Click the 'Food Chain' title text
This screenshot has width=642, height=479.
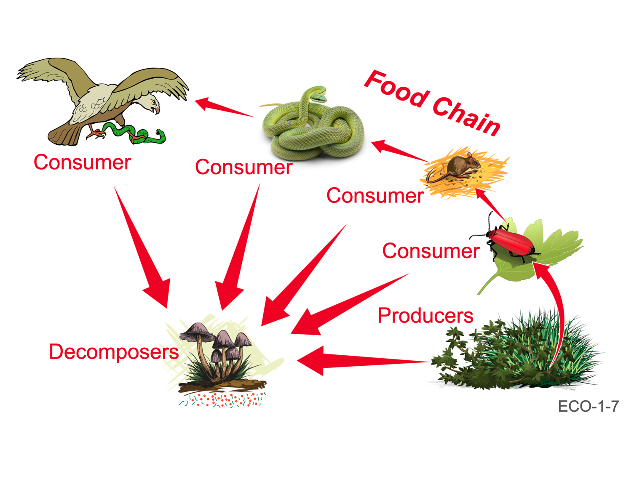click(x=432, y=104)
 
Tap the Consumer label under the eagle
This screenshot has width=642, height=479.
click(x=82, y=162)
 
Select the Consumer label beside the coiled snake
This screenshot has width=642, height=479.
click(x=243, y=167)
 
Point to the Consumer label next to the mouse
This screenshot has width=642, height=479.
click(x=375, y=196)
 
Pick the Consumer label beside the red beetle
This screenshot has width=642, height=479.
click(x=431, y=251)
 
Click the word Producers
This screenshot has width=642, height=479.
click(x=425, y=316)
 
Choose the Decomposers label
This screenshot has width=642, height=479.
click(x=114, y=352)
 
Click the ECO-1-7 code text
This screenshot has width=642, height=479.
click(x=588, y=407)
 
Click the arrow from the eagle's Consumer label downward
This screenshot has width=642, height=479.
click(x=143, y=248)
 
